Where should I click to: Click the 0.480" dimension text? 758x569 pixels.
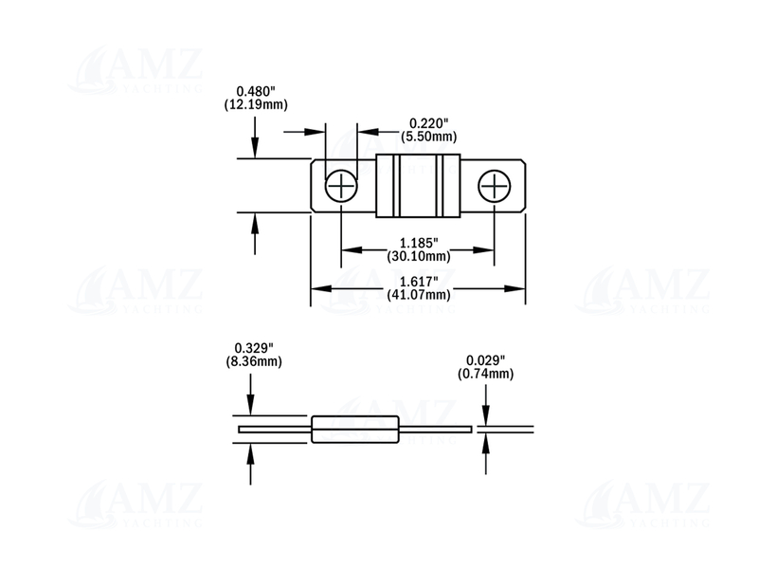[256, 91]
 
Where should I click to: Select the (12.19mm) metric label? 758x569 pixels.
[256, 104]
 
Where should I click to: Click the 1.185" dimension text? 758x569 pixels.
[418, 243]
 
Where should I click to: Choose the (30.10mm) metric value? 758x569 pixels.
[418, 256]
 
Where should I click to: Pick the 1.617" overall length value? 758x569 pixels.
[418, 281]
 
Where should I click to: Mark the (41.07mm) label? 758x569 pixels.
[418, 294]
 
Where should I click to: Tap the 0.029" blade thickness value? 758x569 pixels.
[485, 360]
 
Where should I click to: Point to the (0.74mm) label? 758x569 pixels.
[485, 374]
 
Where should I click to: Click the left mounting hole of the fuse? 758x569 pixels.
[340, 186]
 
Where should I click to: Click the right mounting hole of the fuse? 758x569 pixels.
[494, 186]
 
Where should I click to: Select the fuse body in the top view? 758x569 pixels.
[417, 186]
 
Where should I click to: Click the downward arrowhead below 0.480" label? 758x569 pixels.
[255, 150]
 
